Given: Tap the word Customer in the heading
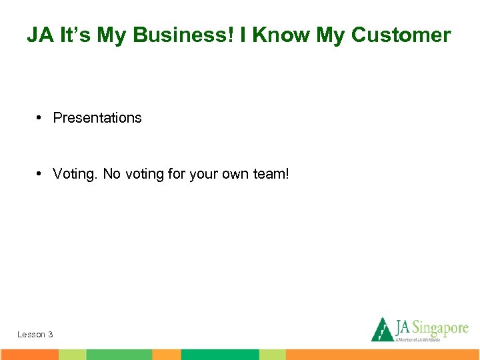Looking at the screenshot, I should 407,35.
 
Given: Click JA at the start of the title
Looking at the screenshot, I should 39,35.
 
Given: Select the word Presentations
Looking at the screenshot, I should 97,118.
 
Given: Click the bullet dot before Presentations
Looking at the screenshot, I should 40,118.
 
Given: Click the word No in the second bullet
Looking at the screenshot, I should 111,175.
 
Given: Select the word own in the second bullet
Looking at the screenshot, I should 235,175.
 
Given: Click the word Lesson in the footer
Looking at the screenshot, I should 31,334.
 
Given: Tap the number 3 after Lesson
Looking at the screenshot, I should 50,334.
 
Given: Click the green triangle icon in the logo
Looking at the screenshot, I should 382,329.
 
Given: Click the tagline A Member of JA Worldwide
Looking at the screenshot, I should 419,339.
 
